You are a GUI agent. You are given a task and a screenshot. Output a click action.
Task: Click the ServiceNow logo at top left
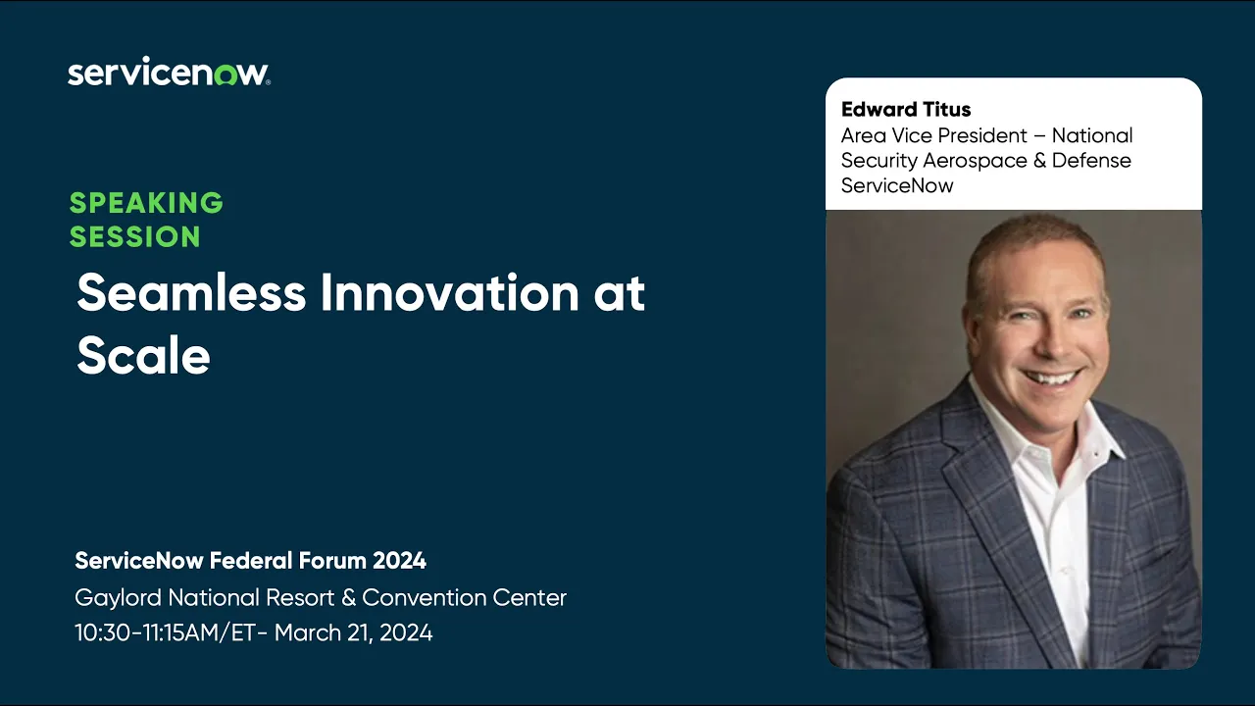[169, 74]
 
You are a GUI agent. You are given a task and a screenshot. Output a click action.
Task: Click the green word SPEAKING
[146, 203]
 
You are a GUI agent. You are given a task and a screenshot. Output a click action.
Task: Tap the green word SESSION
[134, 237]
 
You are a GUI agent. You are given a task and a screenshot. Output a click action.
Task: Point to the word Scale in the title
[143, 355]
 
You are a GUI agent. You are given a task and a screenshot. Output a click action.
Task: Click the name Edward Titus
[905, 110]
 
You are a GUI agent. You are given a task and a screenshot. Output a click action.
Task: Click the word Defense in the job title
[1091, 161]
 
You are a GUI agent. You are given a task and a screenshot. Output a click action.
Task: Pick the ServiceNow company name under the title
[896, 186]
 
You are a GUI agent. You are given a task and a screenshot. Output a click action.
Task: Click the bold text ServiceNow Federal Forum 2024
[250, 561]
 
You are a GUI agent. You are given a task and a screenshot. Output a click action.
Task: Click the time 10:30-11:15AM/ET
[165, 633]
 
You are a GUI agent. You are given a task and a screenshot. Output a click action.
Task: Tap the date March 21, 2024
[353, 633]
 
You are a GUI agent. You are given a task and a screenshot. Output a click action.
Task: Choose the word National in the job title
[1092, 135]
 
